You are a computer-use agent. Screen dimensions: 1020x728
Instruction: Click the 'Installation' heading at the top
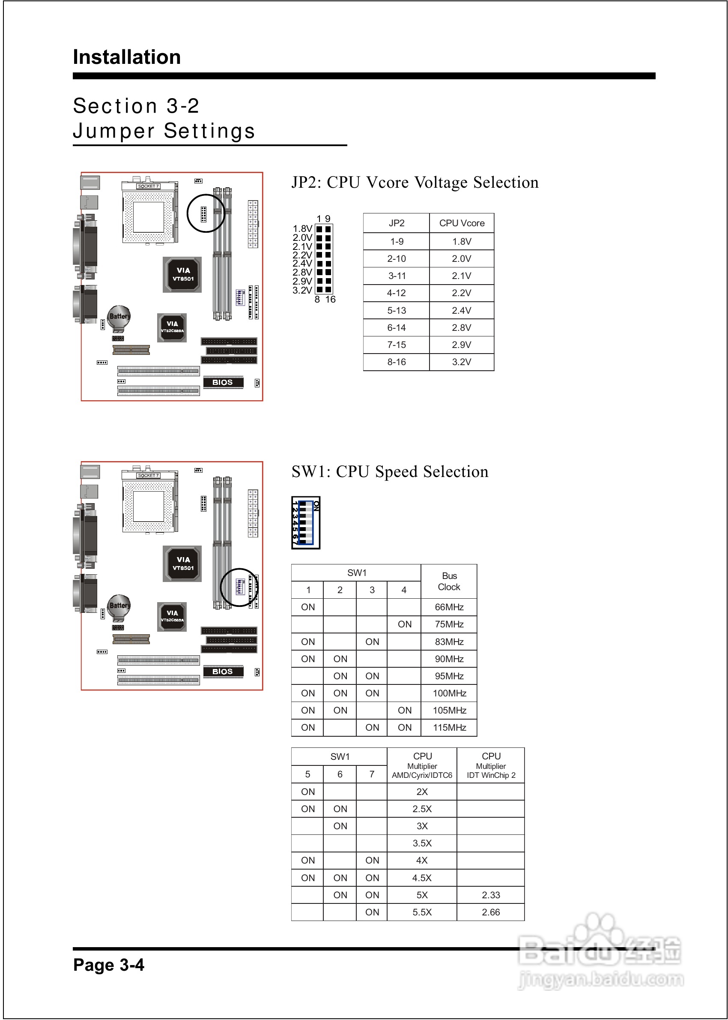127,57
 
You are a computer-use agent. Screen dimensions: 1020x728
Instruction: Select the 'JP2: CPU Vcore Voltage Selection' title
415,183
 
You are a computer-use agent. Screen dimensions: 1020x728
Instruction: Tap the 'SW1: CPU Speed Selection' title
390,472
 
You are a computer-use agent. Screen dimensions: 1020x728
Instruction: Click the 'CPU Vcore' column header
461,223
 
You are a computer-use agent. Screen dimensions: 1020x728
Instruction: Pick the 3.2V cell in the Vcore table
461,362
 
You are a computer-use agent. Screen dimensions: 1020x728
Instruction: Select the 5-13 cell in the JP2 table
396,310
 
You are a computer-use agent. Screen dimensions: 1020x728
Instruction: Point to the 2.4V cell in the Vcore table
461,310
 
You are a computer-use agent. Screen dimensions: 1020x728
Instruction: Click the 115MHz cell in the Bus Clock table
449,728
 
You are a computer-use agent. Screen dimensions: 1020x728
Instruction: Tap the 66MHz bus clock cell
449,607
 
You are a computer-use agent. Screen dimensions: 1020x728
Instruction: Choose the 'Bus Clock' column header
449,581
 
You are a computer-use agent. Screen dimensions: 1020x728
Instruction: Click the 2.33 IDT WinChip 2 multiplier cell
491,895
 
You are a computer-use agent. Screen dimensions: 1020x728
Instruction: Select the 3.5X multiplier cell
422,843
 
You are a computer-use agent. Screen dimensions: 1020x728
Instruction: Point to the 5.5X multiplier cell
422,912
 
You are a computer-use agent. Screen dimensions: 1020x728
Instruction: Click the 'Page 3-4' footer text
108,965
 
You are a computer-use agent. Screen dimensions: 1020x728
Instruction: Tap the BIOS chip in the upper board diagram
223,383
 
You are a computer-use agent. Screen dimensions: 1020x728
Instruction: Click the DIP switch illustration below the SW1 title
306,522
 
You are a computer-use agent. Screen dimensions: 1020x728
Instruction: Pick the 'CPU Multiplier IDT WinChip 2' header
491,765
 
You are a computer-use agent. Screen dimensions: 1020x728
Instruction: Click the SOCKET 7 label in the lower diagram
148,475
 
